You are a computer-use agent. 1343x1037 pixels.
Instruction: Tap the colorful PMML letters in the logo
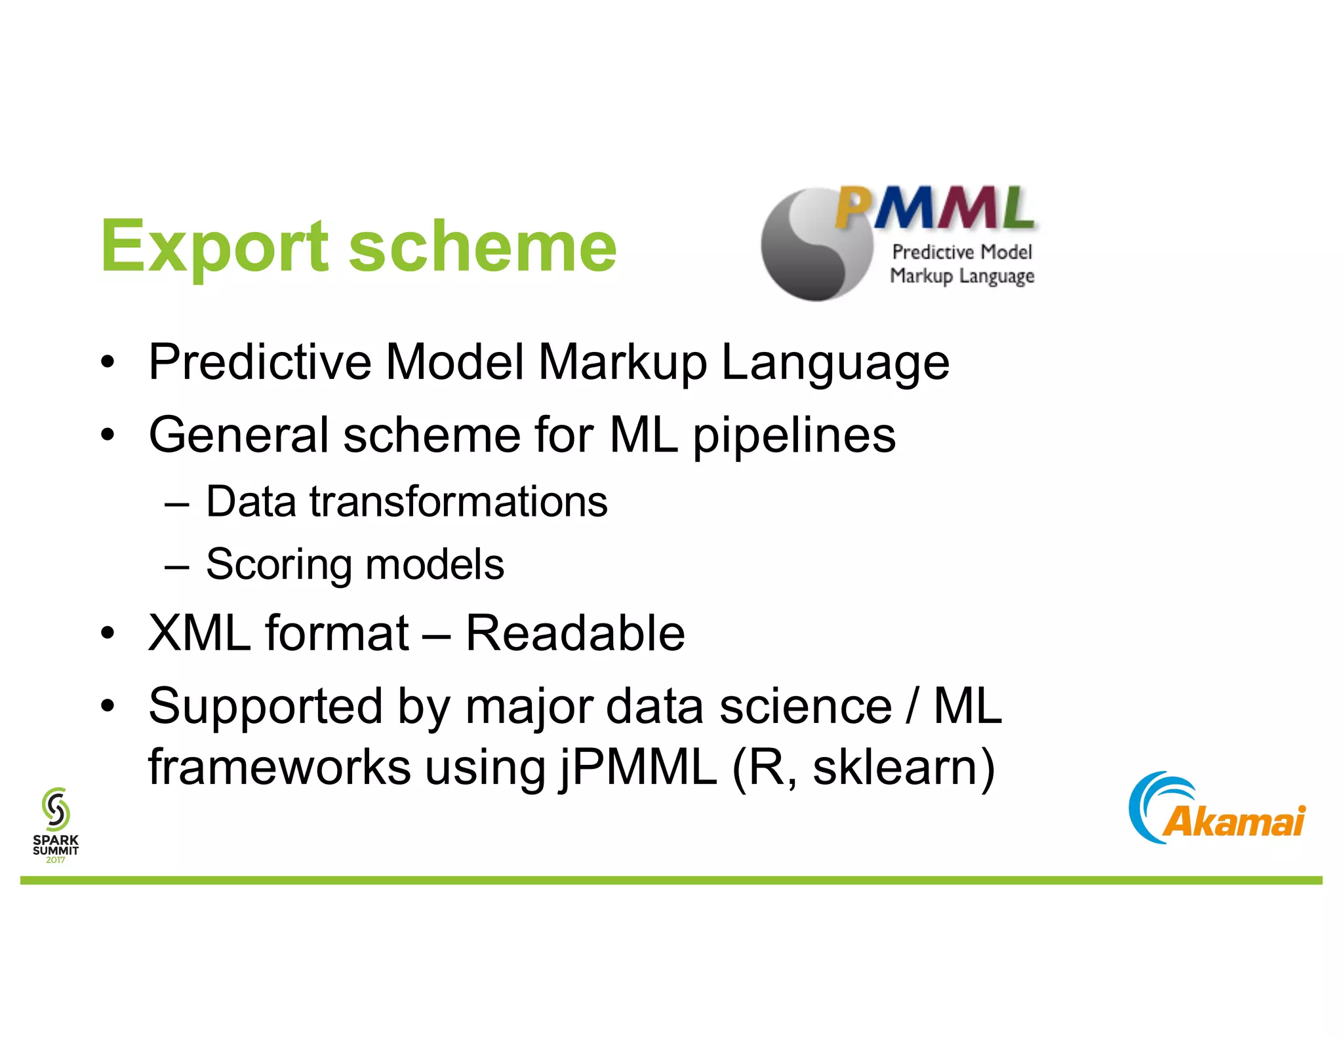pos(934,208)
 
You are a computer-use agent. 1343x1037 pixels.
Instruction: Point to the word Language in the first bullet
pos(835,364)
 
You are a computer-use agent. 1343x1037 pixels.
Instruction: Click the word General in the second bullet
pos(239,435)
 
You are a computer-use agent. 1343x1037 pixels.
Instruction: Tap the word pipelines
pos(794,437)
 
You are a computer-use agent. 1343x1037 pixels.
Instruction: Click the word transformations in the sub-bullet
pos(458,502)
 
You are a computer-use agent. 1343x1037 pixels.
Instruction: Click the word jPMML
pos(638,768)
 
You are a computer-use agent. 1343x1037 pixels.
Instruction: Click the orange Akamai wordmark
pos(1233,821)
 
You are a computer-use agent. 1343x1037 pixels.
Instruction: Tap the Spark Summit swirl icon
pos(56,809)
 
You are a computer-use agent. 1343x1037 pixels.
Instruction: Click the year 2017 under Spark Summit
pos(56,860)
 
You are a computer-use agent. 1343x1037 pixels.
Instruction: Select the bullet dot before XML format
pos(108,634)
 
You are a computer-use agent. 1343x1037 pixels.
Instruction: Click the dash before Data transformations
pos(177,504)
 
